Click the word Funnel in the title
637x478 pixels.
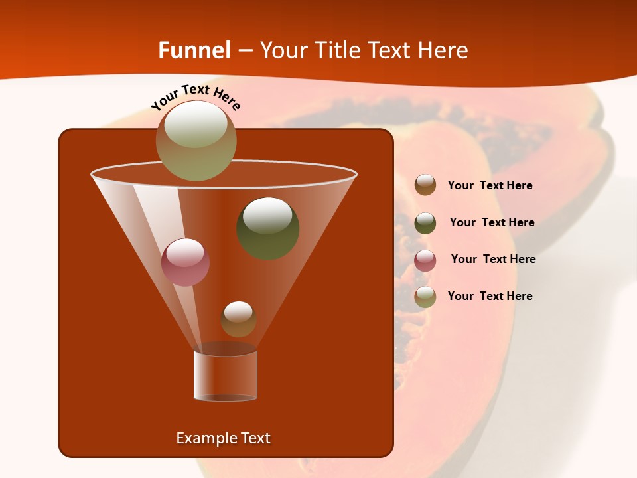click(x=194, y=50)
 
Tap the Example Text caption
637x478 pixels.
click(x=224, y=438)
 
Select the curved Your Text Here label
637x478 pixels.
click(x=195, y=97)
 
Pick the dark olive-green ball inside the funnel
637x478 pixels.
click(x=268, y=228)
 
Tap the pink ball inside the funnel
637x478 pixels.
click(x=186, y=262)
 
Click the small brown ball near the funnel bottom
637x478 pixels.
click(x=238, y=319)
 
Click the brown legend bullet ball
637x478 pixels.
click(x=425, y=185)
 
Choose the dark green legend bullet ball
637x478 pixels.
click(x=425, y=223)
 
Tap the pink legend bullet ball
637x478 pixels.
click(x=425, y=260)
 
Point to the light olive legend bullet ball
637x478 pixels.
click(x=425, y=297)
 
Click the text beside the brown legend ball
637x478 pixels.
click(x=490, y=186)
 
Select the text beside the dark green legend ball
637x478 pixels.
click(x=492, y=223)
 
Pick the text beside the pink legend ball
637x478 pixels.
click(x=493, y=260)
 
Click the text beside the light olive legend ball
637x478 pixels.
click(x=490, y=296)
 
